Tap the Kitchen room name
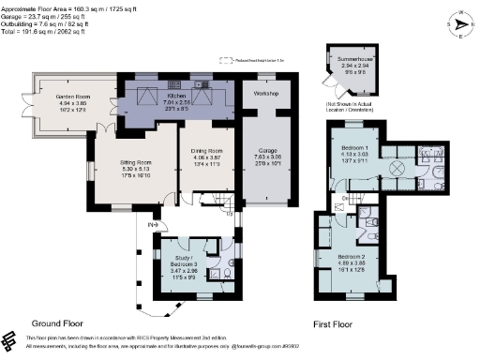coord(178,96)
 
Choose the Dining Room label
coord(205,150)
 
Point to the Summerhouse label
coord(352,58)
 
